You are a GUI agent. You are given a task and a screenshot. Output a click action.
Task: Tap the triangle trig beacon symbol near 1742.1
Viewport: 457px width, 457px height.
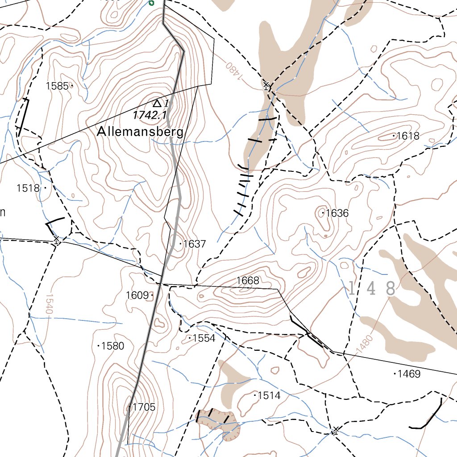(x=156, y=103)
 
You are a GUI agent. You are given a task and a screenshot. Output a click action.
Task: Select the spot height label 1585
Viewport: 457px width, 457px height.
(x=57, y=86)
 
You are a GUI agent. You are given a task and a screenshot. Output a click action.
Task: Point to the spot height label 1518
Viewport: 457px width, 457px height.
(x=28, y=188)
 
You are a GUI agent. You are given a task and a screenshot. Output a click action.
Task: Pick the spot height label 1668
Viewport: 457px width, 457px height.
(x=248, y=281)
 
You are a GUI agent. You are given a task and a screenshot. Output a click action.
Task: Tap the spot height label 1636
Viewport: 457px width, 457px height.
(x=337, y=213)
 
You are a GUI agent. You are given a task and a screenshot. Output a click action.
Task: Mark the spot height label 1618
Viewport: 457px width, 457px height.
(x=408, y=136)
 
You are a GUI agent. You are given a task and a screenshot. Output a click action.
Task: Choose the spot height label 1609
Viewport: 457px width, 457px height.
(x=137, y=295)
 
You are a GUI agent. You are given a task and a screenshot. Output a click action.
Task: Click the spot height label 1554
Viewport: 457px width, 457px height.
(x=204, y=338)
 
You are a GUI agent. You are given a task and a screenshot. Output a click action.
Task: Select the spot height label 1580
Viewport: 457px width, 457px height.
(x=113, y=346)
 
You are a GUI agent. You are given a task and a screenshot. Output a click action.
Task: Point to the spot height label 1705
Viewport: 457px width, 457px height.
(x=144, y=407)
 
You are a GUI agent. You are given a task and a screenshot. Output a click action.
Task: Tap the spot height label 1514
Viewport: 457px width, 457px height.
(x=269, y=395)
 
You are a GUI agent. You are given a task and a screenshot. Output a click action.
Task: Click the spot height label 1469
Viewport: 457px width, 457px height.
(x=409, y=374)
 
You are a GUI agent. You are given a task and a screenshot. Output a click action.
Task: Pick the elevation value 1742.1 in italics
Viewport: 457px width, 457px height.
(x=146, y=115)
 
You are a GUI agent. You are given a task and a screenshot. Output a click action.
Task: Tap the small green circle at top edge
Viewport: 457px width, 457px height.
(x=151, y=3)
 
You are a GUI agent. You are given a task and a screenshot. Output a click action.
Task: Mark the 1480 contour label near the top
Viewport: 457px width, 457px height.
(x=233, y=71)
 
